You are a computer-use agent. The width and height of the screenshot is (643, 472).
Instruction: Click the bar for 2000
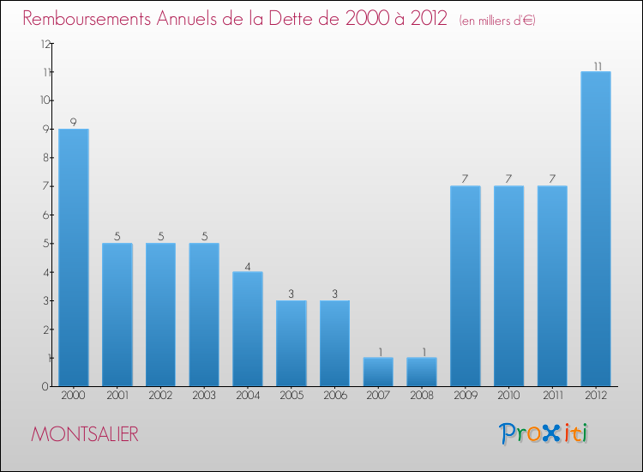tap(74, 257)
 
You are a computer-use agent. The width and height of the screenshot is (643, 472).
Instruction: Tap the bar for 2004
tap(248, 329)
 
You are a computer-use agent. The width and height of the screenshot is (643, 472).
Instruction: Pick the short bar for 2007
tap(378, 372)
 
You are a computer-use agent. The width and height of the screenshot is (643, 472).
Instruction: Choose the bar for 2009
tap(466, 286)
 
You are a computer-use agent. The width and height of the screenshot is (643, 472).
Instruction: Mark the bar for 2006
tap(334, 343)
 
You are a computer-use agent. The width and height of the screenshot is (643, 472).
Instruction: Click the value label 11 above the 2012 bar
tap(596, 65)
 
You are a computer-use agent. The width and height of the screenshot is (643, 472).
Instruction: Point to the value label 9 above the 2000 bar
tap(74, 123)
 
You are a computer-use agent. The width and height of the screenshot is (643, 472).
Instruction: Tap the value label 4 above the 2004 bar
tap(248, 266)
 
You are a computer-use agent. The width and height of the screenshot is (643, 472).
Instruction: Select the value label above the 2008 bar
tap(422, 352)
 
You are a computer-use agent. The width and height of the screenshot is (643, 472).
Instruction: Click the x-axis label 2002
tap(160, 396)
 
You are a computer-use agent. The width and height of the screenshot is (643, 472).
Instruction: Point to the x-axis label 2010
tap(509, 396)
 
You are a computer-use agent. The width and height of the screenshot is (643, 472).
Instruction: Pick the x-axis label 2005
tap(291, 396)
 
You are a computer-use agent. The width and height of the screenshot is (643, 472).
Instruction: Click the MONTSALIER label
tap(84, 434)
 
